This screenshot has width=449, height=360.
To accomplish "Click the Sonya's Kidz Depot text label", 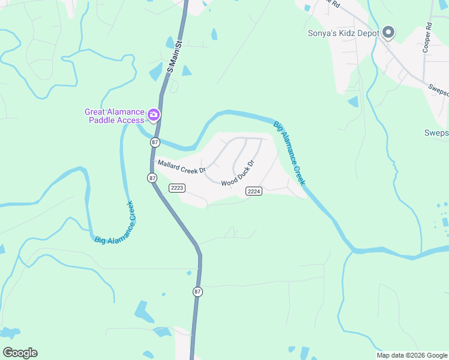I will coord(343,33).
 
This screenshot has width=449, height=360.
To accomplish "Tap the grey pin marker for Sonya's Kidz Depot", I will coord(388,32).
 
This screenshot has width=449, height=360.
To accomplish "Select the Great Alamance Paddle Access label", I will coord(115,115).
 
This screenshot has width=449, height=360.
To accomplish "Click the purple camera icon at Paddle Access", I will coord(154,114).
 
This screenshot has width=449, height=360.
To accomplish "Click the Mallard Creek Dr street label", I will coord(181,167).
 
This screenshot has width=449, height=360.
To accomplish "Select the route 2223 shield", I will coord(176,188).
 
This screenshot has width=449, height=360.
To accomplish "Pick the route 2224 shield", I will coord(254,191).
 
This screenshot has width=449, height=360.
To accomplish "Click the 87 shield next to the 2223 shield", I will coord(152,178).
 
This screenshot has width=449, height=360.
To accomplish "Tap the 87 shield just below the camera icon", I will coord(155,142).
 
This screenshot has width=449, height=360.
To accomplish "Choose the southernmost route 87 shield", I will coord(197,292).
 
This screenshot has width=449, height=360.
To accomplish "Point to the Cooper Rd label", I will coord(427,38).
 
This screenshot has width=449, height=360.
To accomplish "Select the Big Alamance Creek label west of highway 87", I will coord(116,223).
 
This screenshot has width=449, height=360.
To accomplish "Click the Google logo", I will coord(20,353).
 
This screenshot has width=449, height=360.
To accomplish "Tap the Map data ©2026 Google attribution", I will coord(412,355).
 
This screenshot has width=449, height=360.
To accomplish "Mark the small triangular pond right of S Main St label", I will coord(187,71).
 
